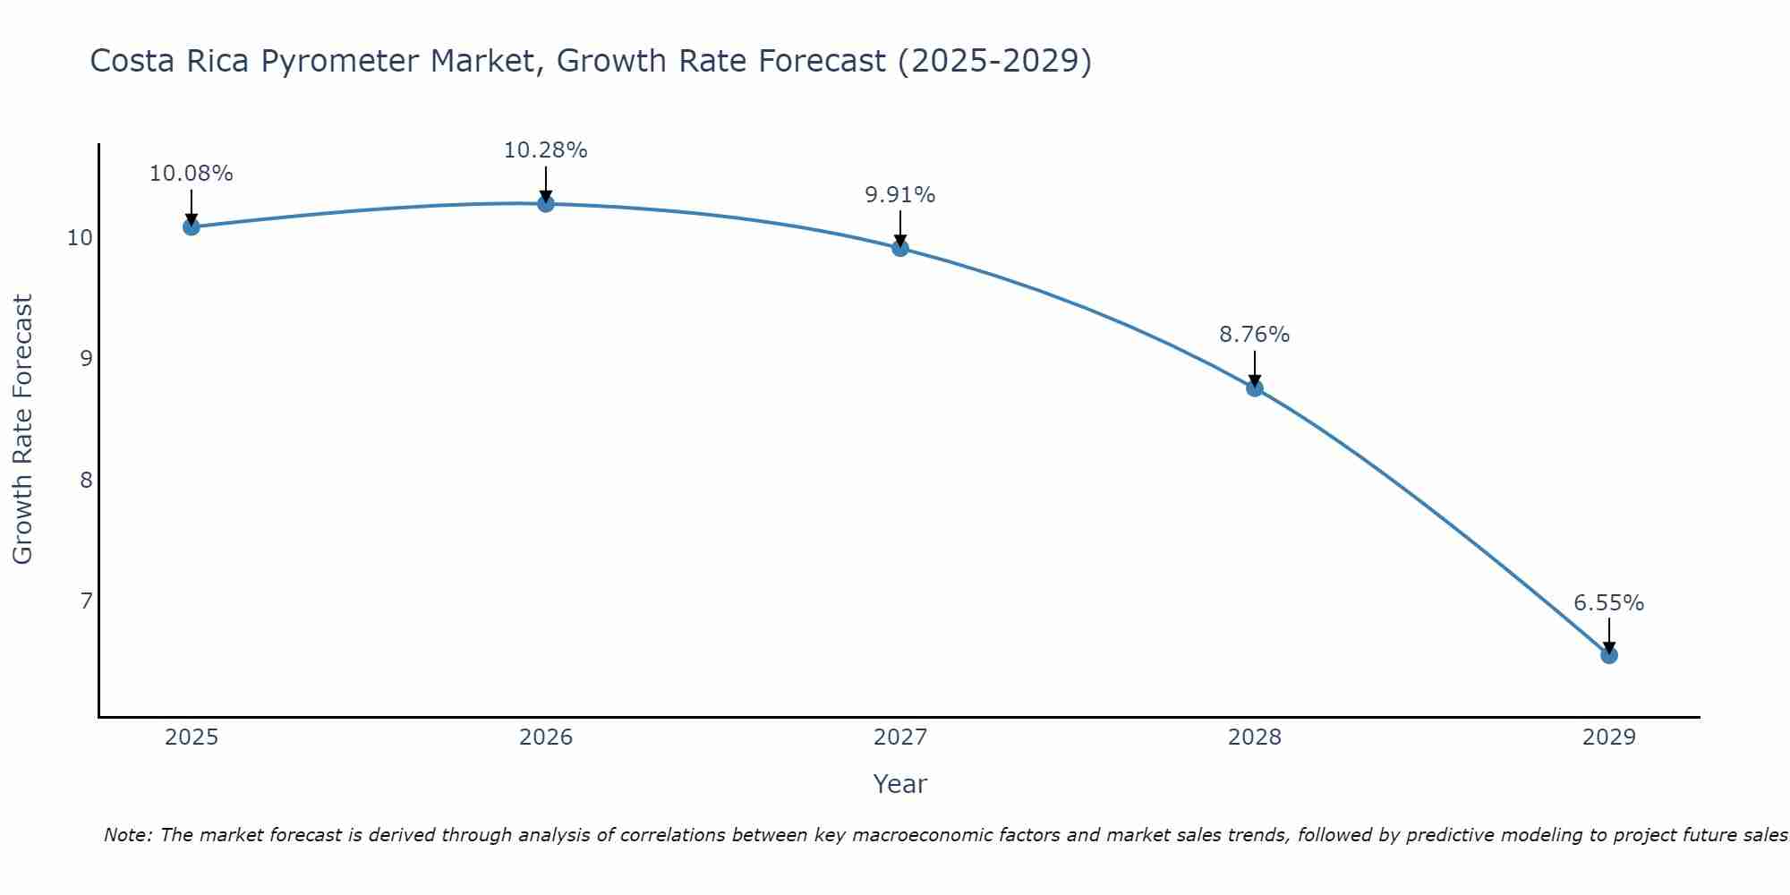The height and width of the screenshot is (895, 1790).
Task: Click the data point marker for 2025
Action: point(191,226)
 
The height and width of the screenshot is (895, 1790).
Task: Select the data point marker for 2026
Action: point(545,203)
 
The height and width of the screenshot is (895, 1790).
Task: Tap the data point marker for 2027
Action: point(900,248)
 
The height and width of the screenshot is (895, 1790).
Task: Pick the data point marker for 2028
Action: point(1255,388)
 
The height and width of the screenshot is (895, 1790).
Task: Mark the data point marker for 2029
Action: point(1609,655)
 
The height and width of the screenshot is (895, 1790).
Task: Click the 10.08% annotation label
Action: point(191,174)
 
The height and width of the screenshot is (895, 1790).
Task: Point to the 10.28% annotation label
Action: point(545,150)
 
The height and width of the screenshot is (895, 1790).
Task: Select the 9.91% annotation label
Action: point(900,195)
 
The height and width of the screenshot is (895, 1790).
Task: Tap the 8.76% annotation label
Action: point(1255,335)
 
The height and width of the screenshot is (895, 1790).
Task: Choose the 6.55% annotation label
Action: point(1609,603)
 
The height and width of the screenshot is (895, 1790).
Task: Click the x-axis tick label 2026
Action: point(546,737)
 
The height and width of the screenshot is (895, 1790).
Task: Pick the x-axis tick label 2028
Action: point(1255,737)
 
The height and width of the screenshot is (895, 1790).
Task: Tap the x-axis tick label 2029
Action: point(1609,737)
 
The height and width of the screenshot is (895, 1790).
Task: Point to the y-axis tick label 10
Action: point(80,238)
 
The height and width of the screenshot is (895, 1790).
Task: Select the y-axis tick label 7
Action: point(86,601)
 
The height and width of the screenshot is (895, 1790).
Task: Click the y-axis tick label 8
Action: point(86,480)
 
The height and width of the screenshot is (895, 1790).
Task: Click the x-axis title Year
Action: point(899,784)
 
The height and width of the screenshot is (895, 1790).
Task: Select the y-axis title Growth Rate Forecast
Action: point(22,429)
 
